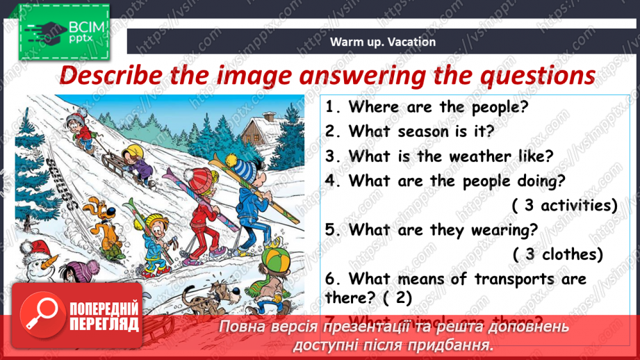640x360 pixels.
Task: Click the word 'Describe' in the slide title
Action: (x=110, y=75)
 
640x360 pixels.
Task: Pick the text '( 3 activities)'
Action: (x=564, y=205)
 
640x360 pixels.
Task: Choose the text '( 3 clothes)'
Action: (x=558, y=254)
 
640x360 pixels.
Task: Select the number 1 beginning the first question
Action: (x=331, y=107)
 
